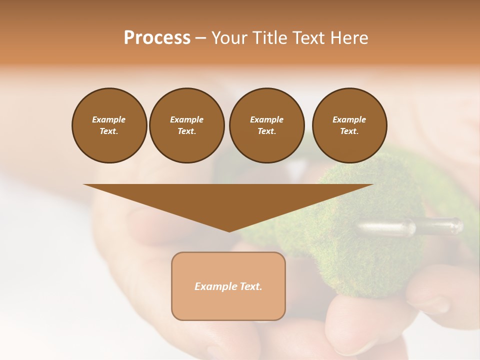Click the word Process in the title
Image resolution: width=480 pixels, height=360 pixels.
pyautogui.click(x=157, y=38)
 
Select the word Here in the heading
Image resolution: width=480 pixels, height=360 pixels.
pyautogui.click(x=349, y=38)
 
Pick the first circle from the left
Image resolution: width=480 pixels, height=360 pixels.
pyautogui.click(x=109, y=125)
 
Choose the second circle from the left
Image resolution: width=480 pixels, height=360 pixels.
pyautogui.click(x=187, y=125)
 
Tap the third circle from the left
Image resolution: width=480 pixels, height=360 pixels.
pyautogui.click(x=266, y=125)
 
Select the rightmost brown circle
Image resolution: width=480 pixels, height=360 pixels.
pyautogui.click(x=349, y=125)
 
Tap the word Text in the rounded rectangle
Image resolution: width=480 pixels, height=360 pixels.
pyautogui.click(x=251, y=286)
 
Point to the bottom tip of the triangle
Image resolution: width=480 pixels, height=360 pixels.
pyautogui.click(x=229, y=230)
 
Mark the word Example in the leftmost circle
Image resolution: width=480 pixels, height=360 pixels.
pyautogui.click(x=109, y=119)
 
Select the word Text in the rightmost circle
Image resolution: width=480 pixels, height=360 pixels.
pyautogui.click(x=349, y=131)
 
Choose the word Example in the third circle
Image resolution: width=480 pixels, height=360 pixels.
pyautogui.click(x=266, y=119)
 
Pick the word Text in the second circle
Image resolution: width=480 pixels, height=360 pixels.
pyautogui.click(x=186, y=131)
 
